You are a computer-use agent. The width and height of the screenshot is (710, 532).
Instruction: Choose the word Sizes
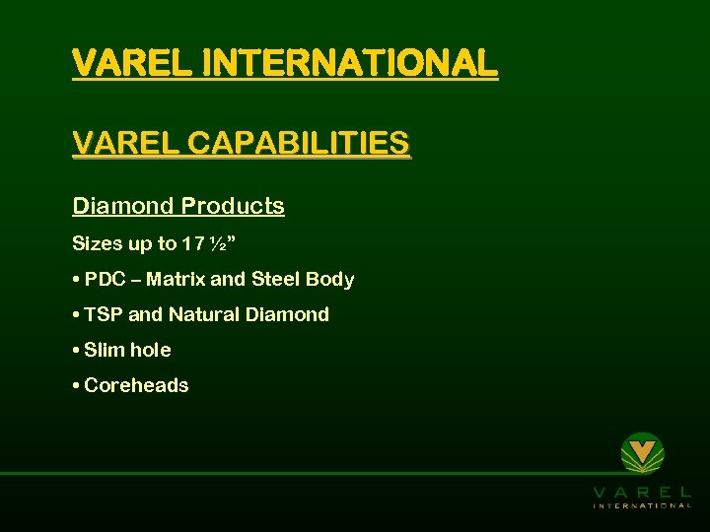point(97,243)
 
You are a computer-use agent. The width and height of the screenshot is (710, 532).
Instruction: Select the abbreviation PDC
point(106,279)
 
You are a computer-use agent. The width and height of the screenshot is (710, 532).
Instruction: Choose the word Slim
point(104,350)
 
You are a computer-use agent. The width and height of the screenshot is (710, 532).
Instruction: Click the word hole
point(150,350)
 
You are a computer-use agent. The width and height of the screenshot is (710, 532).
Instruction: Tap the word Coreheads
point(136,385)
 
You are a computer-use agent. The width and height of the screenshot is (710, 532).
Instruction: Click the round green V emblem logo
point(642,453)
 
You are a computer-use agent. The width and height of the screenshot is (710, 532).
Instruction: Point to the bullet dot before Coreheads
point(76,385)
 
